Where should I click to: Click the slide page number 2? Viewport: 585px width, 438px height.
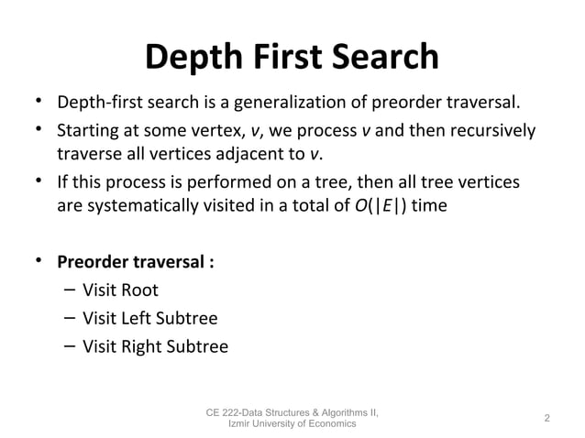point(546,418)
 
